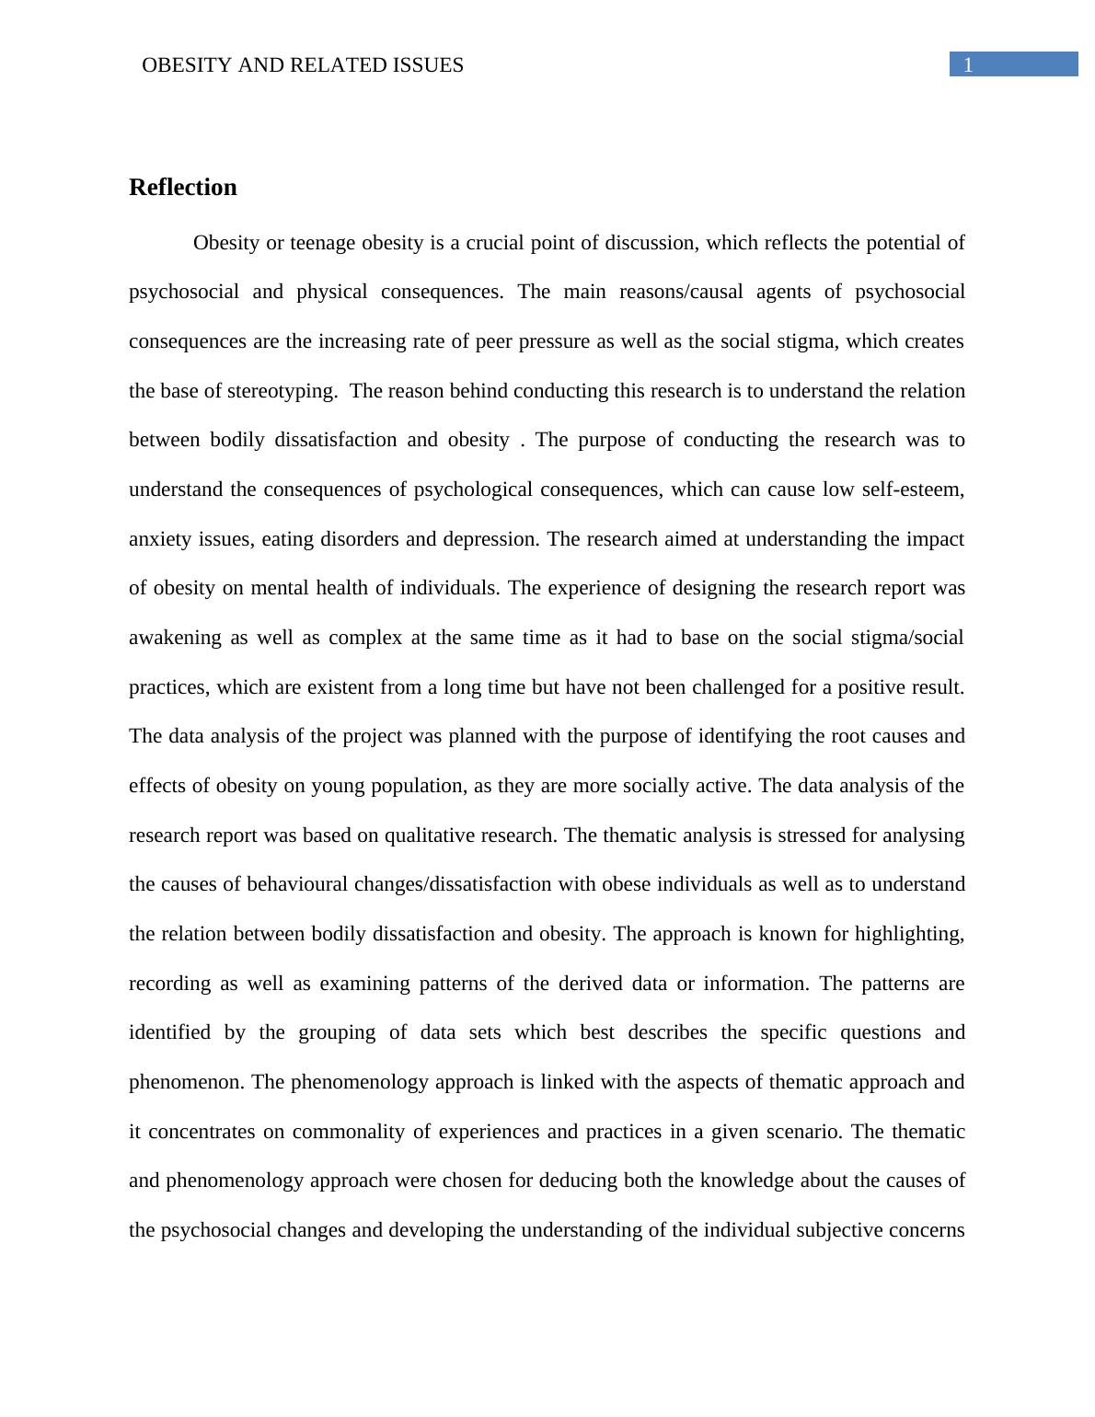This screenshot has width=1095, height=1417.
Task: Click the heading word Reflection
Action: (182, 188)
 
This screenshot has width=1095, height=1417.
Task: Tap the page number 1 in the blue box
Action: (968, 64)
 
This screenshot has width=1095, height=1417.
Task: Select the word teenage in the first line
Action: (322, 243)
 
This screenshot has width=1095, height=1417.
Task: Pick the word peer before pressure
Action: (495, 341)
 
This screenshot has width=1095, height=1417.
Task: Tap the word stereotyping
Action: (282, 391)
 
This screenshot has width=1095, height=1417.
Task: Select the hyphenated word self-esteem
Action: (913, 490)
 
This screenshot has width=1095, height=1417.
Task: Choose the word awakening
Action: (175, 638)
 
